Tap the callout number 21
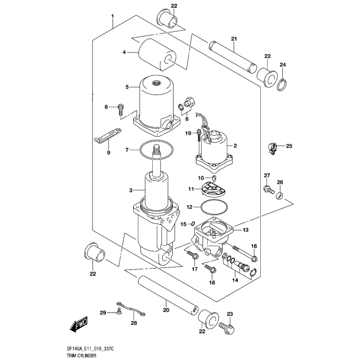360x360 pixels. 233,39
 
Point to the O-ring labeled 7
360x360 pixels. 141,150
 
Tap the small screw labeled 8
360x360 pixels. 120,109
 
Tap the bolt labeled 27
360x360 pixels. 267,190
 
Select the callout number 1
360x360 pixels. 113,16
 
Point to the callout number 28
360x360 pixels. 134,323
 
